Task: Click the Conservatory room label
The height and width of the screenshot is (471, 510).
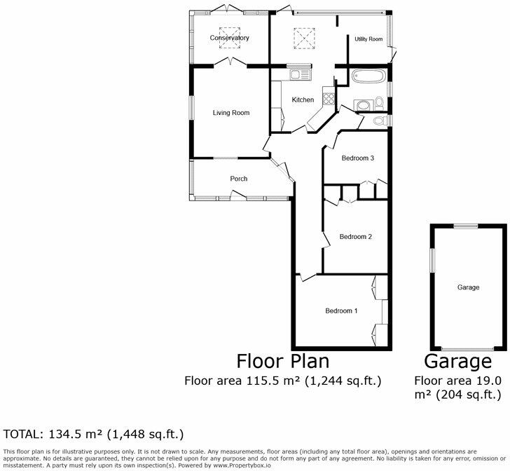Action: pyautogui.click(x=230, y=38)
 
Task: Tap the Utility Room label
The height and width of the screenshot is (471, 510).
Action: pyautogui.click(x=368, y=39)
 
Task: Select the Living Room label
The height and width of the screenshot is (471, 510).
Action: pyautogui.click(x=231, y=112)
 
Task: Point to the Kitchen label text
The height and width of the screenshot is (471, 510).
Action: pyautogui.click(x=303, y=100)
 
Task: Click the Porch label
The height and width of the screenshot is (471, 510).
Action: pyautogui.click(x=239, y=179)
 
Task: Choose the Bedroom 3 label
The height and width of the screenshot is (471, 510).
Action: pyautogui.click(x=358, y=158)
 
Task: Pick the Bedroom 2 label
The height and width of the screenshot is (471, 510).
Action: pyautogui.click(x=355, y=237)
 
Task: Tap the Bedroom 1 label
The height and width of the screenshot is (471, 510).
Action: pyautogui.click(x=341, y=310)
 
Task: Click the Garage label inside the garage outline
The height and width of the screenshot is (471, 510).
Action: pyautogui.click(x=468, y=287)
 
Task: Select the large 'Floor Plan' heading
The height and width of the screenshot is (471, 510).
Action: pyautogui.click(x=282, y=362)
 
